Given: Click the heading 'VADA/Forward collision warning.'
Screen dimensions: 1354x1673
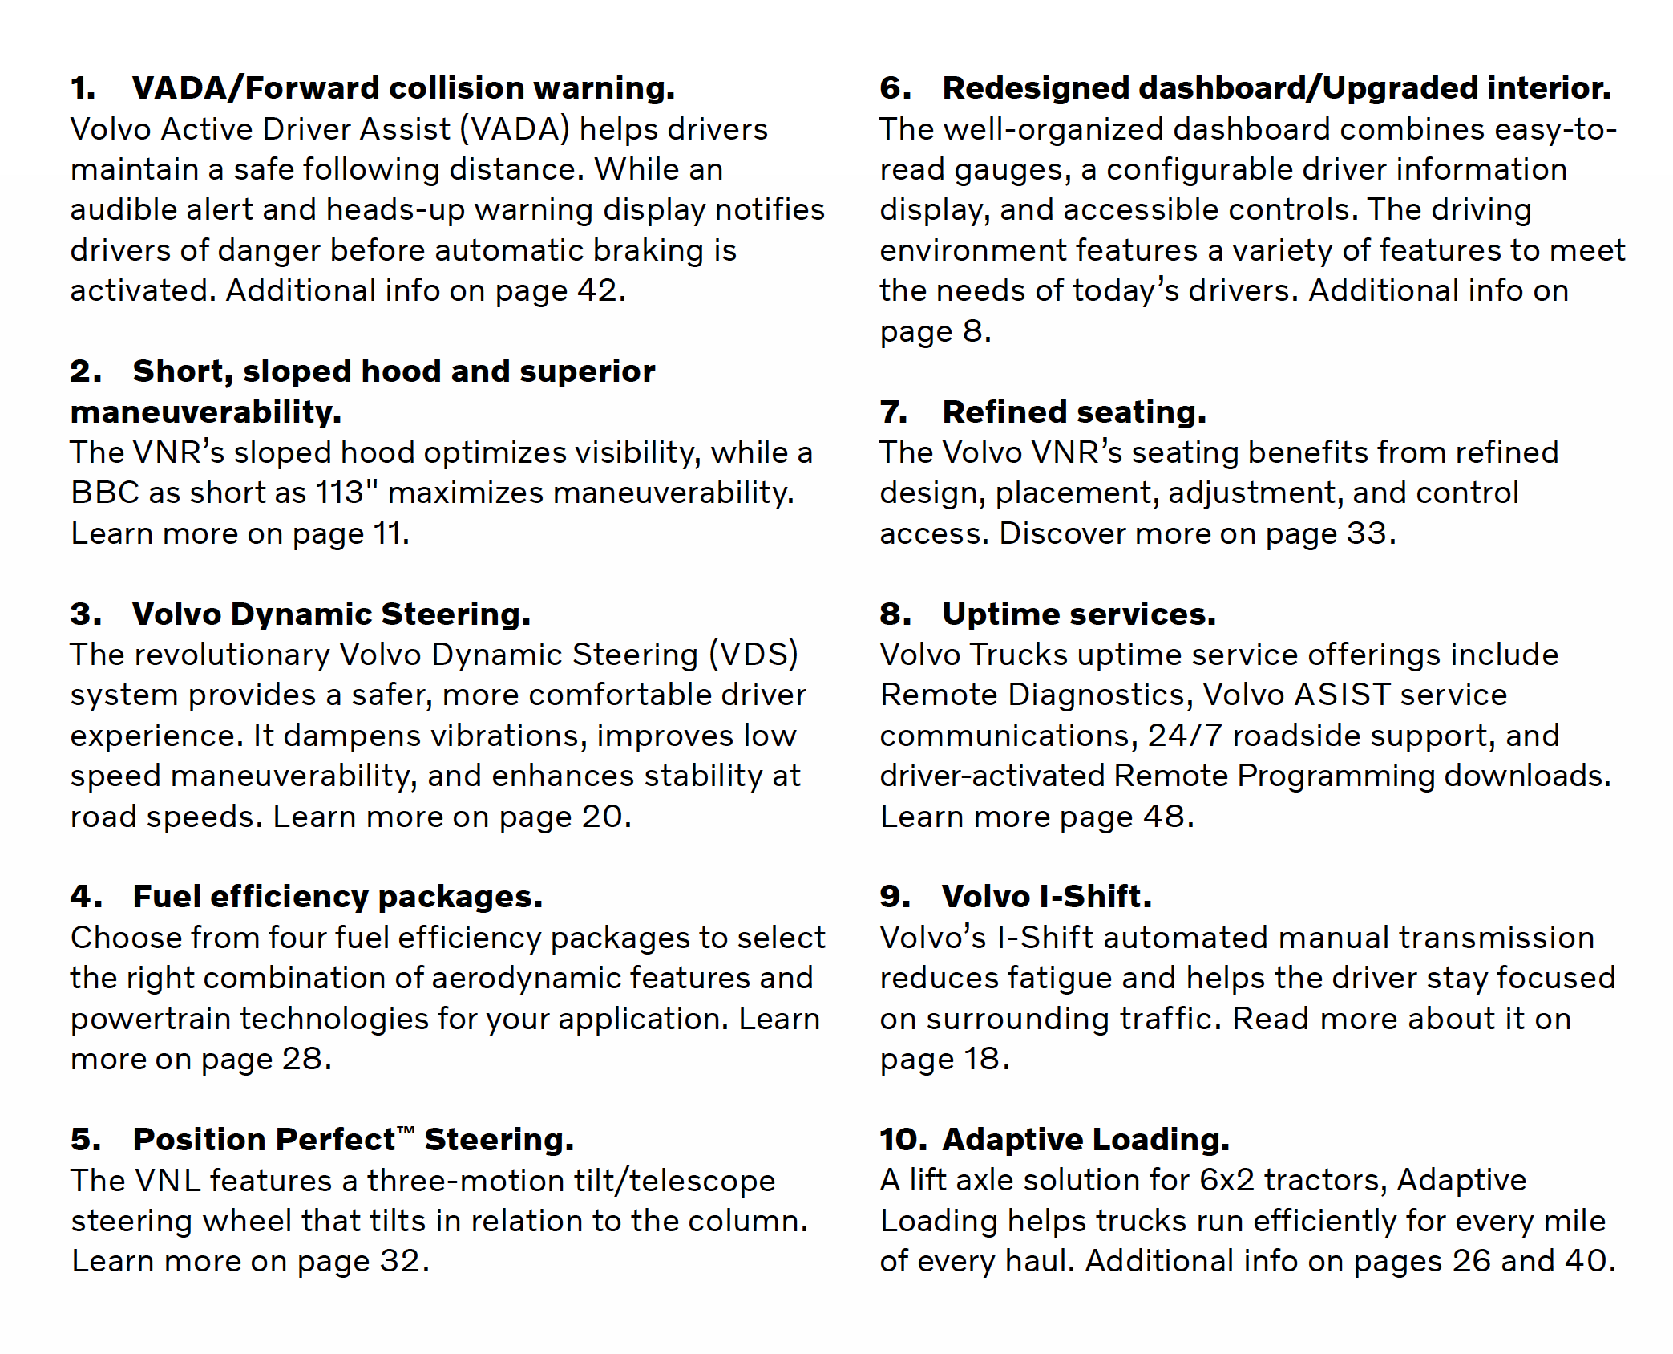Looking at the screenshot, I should point(403,88).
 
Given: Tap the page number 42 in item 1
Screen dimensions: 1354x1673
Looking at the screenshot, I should point(596,290).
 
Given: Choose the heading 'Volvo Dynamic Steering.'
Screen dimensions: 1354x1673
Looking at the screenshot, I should point(331,614).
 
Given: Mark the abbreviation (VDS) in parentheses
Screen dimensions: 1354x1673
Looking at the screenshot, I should point(754,655).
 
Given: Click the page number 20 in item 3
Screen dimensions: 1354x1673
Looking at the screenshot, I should point(602,817).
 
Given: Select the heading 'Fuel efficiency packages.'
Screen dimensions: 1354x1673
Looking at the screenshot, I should point(337,897).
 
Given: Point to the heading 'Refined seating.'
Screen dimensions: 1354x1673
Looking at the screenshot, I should point(1073,412).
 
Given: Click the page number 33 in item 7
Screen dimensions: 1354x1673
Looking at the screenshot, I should point(1366,533).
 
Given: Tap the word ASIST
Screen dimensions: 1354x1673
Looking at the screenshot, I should point(1341,695).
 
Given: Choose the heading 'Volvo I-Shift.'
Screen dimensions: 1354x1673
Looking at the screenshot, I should point(1046,897).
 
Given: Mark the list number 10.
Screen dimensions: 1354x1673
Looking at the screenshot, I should point(902,1140).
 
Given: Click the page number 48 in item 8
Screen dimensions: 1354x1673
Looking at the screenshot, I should point(1164,817).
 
